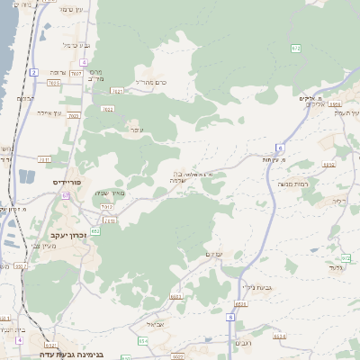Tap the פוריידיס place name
click(67, 182)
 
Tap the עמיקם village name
click(214, 255)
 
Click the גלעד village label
click(337, 266)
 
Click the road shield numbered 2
click(33, 71)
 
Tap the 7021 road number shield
click(117, 91)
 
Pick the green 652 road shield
click(94, 231)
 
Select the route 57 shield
click(66, 195)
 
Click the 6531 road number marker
click(50, 345)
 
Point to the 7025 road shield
click(53, 82)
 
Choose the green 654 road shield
click(143, 341)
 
